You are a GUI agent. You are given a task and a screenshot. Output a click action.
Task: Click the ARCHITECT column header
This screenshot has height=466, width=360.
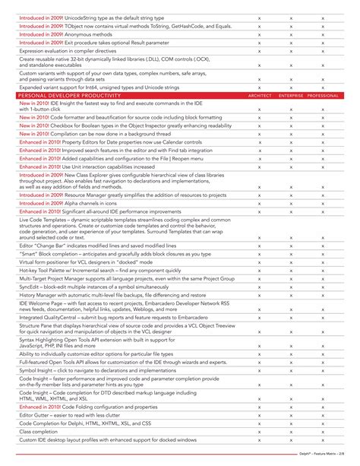point(260,96)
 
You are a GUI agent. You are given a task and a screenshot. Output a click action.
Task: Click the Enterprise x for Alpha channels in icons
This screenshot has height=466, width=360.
point(292,203)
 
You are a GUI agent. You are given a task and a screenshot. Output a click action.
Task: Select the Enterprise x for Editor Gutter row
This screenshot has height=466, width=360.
point(292,415)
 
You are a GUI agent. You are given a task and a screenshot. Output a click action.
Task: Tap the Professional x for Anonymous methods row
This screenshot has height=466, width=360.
point(324,34)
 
